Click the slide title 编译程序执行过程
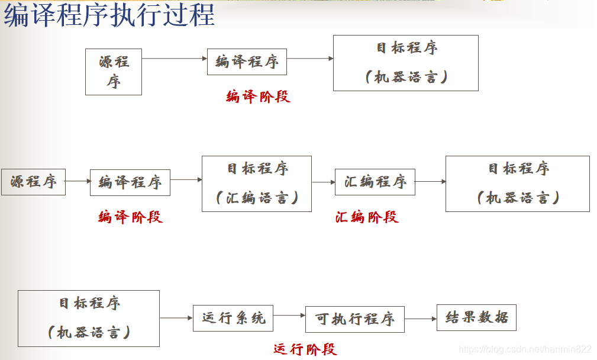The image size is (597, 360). coord(109,16)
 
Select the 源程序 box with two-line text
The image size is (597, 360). coord(114,72)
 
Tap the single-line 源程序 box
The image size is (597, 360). coord(33,182)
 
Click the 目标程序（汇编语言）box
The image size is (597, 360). coord(256,184)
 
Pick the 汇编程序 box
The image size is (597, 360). coord(375,182)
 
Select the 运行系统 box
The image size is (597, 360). coord(233,318)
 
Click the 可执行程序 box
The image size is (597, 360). coord(354,319)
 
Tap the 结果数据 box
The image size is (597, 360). coord(476,317)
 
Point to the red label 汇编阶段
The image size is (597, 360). coord(367,217)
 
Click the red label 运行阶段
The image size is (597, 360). coord(305,349)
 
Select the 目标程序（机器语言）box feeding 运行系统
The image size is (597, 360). coord(89,318)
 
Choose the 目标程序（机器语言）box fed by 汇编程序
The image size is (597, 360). coord(517,184)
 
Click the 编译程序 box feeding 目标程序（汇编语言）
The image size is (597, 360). coord(130,182)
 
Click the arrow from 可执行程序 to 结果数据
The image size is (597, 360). coord(420,319)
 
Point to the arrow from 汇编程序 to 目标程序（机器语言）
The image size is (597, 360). coord(430,182)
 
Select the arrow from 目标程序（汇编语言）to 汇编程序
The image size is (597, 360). coord(323,182)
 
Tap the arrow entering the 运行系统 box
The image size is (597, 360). coord(176,318)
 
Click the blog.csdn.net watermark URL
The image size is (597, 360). coord(525,349)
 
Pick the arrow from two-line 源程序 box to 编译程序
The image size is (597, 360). coord(175,59)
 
